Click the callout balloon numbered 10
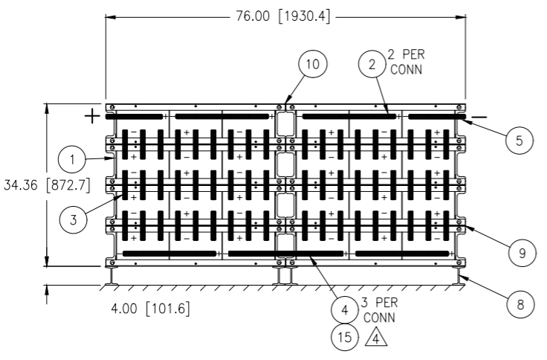click(313, 64)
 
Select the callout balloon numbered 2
click(372, 64)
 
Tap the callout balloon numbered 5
click(520, 141)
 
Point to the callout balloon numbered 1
click(72, 160)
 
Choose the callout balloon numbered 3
click(74, 220)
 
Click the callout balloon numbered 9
click(522, 253)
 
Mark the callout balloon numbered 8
click(520, 304)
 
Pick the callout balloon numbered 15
click(345, 337)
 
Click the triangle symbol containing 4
click(376, 337)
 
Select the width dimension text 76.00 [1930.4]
click(282, 16)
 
